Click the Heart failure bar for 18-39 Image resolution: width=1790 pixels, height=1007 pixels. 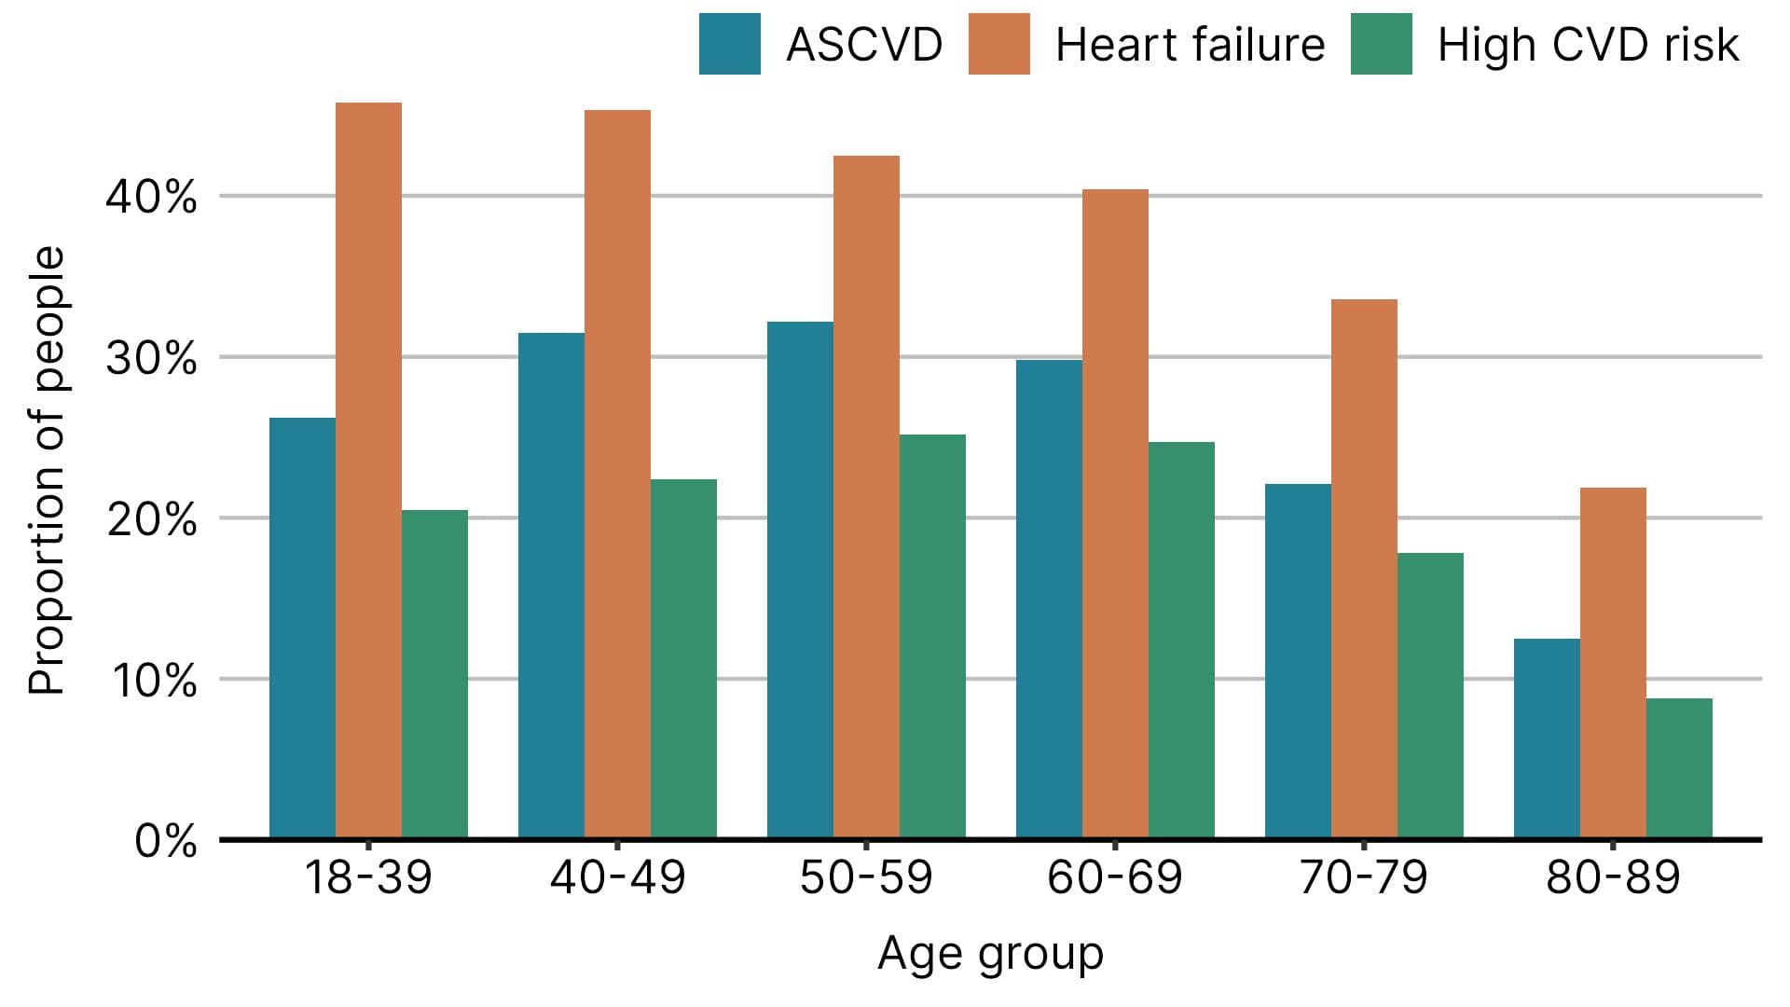(x=368, y=471)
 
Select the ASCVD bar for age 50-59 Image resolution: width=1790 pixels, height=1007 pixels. (x=800, y=580)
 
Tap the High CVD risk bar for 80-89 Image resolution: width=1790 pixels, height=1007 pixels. (x=1679, y=768)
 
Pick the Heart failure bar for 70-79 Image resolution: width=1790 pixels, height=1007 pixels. (x=1364, y=569)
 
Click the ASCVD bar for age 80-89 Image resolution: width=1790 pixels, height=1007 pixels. (x=1547, y=738)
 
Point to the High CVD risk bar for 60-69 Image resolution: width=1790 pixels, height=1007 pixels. (x=1181, y=641)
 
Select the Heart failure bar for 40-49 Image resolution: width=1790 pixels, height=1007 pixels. (x=617, y=474)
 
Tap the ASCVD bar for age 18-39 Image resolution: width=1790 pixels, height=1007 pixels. (x=302, y=628)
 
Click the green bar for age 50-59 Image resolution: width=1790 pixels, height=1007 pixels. (x=932, y=637)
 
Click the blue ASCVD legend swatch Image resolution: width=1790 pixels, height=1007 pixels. (x=729, y=44)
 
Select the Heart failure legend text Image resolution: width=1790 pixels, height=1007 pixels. (x=1190, y=45)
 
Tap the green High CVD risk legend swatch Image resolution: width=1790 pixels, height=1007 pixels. (x=1381, y=44)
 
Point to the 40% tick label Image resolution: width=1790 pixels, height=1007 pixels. (x=151, y=198)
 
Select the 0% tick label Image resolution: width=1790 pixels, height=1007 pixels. (x=165, y=842)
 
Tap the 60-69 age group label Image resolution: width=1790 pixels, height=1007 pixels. (x=1114, y=877)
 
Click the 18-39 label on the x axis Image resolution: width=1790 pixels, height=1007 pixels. (x=368, y=877)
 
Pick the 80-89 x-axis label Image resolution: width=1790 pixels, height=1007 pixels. (x=1613, y=877)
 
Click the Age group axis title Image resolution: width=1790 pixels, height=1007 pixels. (x=990, y=954)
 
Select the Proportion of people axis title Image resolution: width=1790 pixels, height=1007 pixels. (x=46, y=471)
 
